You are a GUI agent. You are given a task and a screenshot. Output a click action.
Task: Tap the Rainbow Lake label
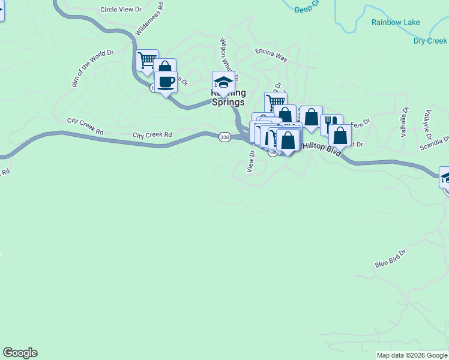coord(395,22)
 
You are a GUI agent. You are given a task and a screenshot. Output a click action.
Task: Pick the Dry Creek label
coord(430,41)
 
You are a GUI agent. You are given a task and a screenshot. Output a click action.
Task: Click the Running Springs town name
coord(228,98)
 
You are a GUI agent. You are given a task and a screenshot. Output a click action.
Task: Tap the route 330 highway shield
coord(224,137)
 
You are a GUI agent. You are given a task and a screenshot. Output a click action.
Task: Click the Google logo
coord(20,353)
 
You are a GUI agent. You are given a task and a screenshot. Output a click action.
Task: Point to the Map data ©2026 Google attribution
coord(412,355)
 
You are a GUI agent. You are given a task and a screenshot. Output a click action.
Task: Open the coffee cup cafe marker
coord(166,82)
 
